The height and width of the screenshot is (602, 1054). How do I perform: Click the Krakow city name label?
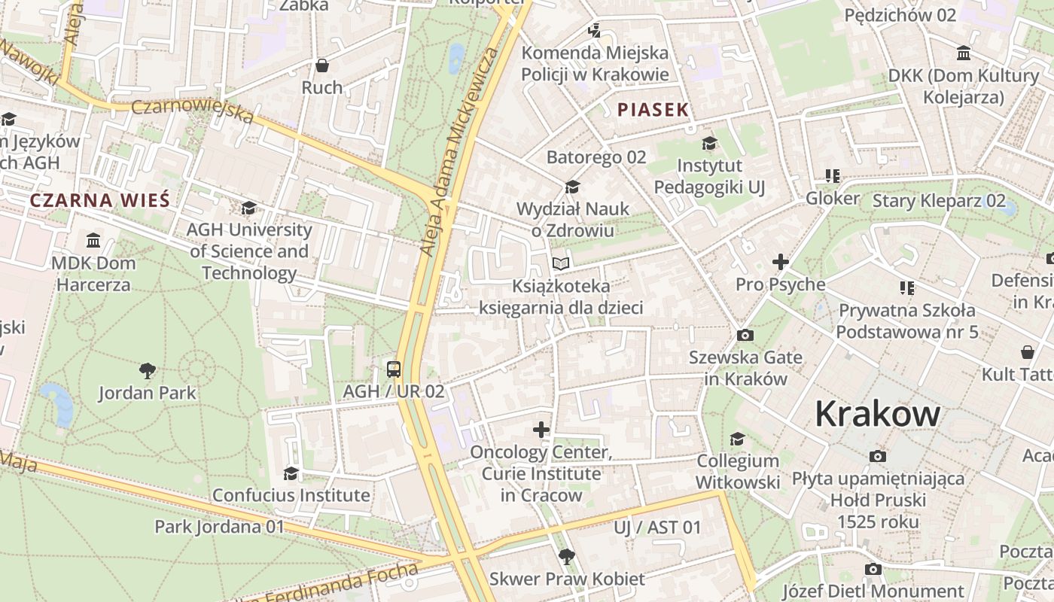[x=877, y=415]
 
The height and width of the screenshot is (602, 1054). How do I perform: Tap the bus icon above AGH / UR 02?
[x=393, y=369]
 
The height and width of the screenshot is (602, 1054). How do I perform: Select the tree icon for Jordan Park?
[x=148, y=370]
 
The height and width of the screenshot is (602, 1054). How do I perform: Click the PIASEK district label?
[x=653, y=110]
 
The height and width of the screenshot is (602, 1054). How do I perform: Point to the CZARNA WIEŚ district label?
[x=99, y=200]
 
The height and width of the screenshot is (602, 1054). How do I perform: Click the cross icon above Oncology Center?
[x=541, y=430]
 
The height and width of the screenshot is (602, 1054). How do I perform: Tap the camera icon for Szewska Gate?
[x=745, y=335]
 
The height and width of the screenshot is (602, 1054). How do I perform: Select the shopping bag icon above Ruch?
[x=322, y=65]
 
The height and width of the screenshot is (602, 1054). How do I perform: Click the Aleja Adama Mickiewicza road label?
[x=460, y=150]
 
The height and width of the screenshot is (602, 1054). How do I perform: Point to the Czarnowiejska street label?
[x=193, y=111]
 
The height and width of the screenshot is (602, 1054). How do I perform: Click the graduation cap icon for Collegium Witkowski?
[x=737, y=439]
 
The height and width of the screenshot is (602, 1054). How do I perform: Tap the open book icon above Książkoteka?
[x=561, y=263]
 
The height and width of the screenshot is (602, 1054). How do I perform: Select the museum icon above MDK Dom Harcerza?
[x=93, y=240]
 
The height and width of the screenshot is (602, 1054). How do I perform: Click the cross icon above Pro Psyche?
[x=780, y=262]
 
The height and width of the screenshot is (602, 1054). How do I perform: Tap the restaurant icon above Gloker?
[x=832, y=176]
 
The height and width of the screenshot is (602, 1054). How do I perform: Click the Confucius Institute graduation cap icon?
[x=291, y=473]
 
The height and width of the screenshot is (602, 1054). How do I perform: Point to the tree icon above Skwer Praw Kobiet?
[x=566, y=557]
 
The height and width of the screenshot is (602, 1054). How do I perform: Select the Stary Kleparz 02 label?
[x=938, y=201]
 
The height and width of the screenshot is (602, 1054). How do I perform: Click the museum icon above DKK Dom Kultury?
[x=963, y=53]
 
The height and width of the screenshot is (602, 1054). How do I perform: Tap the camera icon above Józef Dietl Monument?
[x=873, y=569]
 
